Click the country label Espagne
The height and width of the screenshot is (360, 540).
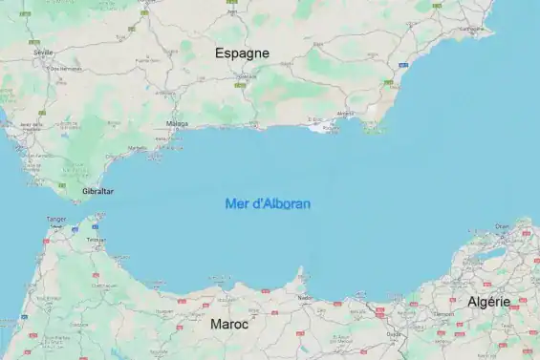[242, 53]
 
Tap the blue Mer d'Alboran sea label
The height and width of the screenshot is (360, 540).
[268, 203]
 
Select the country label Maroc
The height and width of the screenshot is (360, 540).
[229, 325]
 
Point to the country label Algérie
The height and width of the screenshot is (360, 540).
[488, 302]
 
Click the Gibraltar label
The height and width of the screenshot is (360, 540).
[97, 191]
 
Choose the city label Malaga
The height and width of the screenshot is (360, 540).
[177, 123]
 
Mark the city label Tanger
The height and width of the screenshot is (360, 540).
[56, 219]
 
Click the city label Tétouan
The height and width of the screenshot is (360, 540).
[97, 240]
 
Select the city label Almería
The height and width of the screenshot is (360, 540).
[346, 114]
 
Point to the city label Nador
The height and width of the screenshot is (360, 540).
[305, 297]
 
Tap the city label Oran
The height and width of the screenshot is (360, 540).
[503, 226]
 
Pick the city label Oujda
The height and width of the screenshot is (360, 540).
[393, 333]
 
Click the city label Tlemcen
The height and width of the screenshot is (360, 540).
[443, 312]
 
